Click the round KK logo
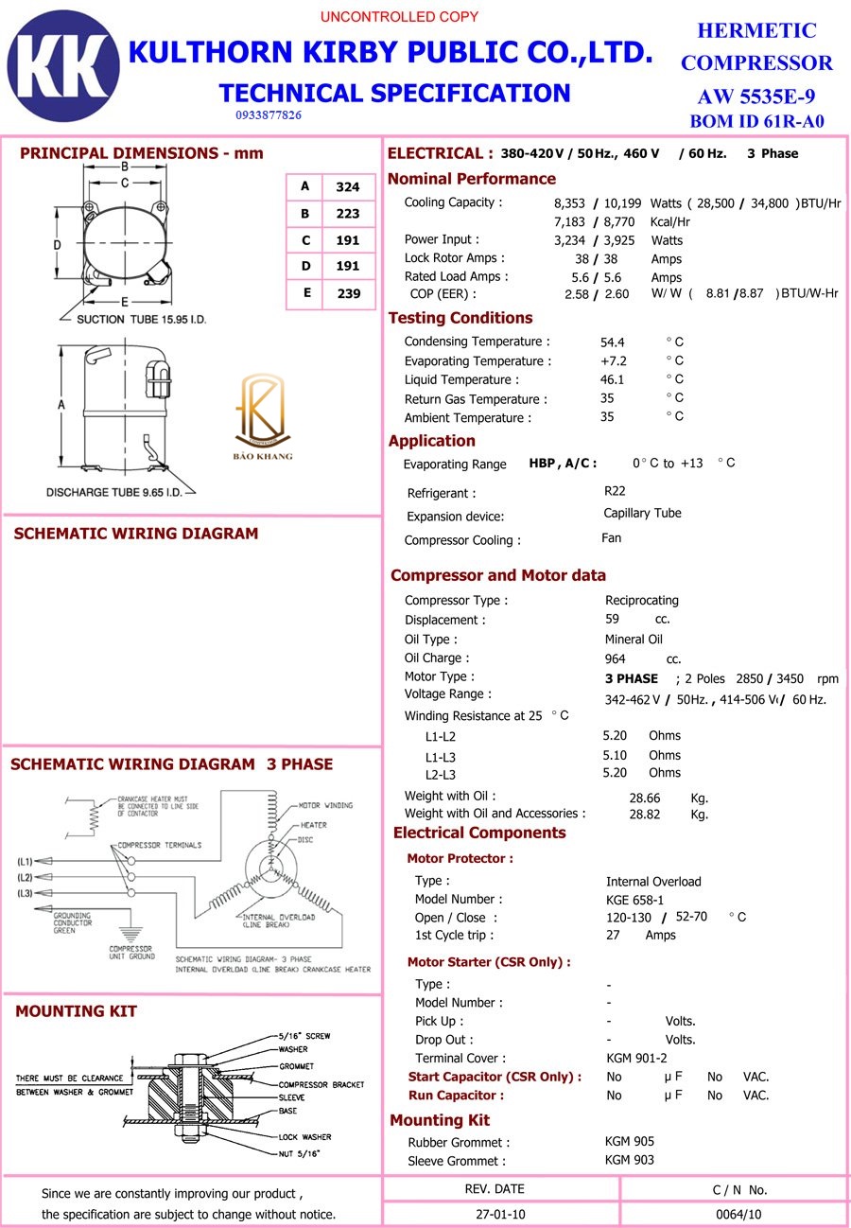coord(63,66)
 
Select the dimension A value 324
coord(348,187)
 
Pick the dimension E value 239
coord(349,293)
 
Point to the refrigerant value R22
coord(615,491)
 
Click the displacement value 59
coord(612,619)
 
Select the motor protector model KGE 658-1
coord(634,900)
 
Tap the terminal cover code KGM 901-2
coord(636,1058)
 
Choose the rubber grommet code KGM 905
coord(630,1141)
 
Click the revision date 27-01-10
coord(495,1214)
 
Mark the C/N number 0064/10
coord(738,1214)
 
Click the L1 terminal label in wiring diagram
coord(25,862)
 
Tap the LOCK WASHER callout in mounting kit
coord(304,1136)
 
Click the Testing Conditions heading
coord(460,318)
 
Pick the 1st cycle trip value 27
coord(613,935)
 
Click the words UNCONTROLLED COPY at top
coord(399,17)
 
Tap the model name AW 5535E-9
coord(756,96)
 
